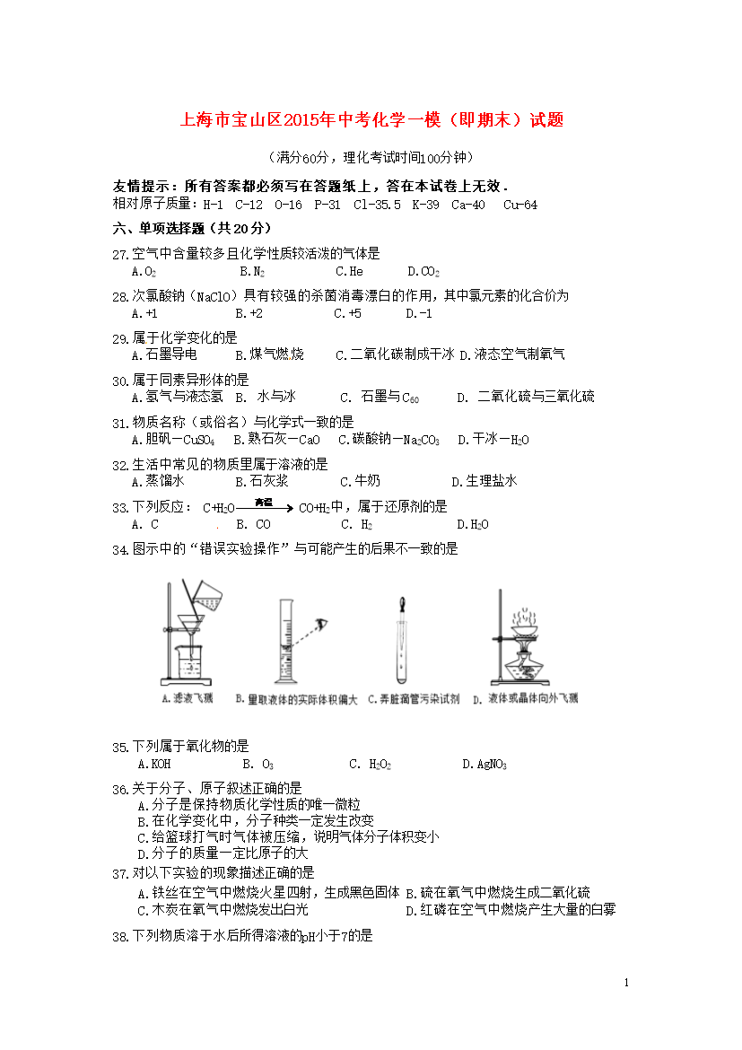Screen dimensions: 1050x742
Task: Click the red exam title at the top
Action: tap(371, 119)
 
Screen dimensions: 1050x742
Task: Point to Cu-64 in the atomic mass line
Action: tap(520, 205)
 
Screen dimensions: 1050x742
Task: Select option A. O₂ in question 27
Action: tap(144, 271)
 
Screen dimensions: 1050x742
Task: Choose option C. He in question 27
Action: tap(348, 271)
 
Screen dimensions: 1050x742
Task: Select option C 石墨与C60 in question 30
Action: tap(380, 397)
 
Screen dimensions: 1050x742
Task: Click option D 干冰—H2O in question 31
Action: tap(493, 440)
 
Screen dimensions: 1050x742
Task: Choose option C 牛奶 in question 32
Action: tap(360, 481)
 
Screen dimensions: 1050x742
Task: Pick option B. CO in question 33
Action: tap(253, 524)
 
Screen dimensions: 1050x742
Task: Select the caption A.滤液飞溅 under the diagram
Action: tap(187, 698)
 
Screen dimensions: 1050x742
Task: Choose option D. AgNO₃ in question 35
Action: tap(484, 765)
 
